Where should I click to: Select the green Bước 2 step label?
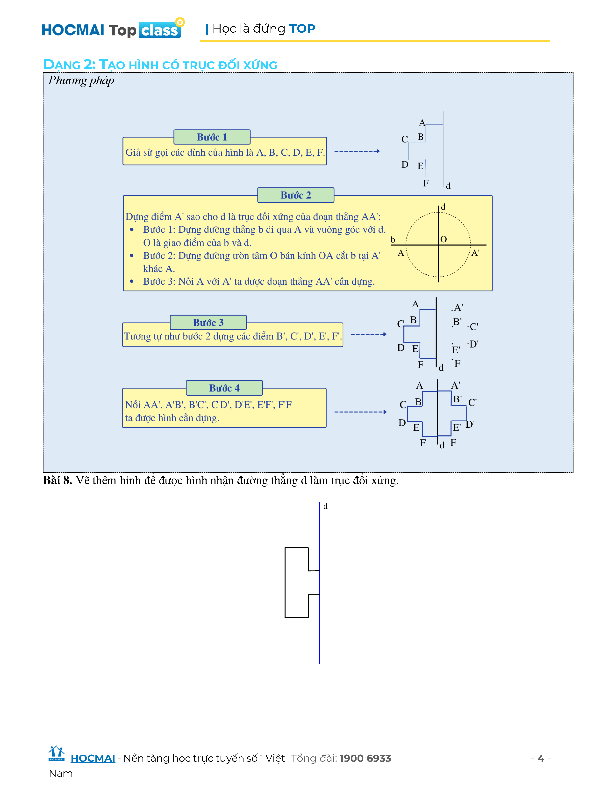(296, 195)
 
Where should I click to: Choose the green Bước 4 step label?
(224, 388)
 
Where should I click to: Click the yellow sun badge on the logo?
(180, 22)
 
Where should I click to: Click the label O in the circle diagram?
(443, 239)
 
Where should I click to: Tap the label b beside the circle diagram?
(393, 240)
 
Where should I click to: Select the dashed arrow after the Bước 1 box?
(357, 151)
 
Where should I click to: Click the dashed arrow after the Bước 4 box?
(360, 412)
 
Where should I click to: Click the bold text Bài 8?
(57, 480)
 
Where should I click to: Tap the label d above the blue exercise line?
(326, 506)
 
